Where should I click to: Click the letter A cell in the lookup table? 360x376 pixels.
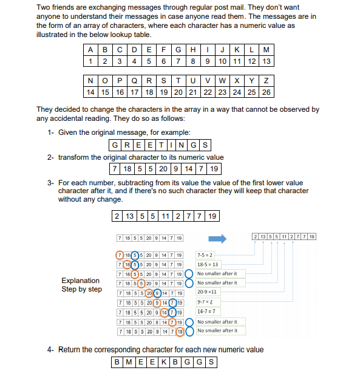coord(89,50)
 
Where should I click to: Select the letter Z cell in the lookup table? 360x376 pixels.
coord(266,81)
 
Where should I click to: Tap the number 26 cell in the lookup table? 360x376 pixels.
coord(266,92)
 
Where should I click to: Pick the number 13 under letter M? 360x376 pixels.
coord(267,61)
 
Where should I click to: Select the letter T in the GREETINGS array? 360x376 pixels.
coord(161,145)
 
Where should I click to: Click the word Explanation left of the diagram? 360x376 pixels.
coord(81,281)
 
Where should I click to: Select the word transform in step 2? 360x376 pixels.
coord(73,157)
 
